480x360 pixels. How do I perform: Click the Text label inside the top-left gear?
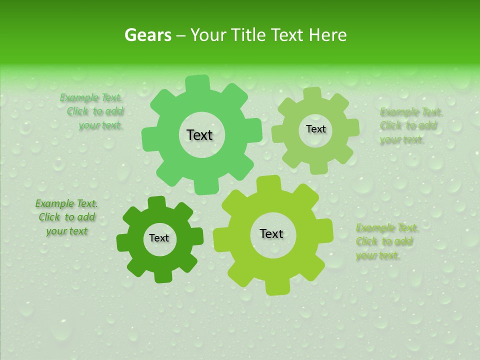199,135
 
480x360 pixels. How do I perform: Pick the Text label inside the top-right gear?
315,129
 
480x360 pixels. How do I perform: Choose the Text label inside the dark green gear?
159,238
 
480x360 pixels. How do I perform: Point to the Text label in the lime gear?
271,233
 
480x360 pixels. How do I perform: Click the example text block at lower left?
66,217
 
